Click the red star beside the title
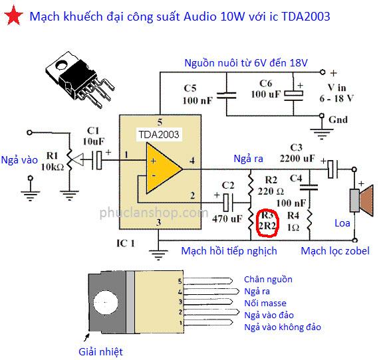pyautogui.click(x=13, y=16)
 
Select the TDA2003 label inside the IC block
pyautogui.click(x=159, y=134)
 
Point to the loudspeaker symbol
pyautogui.click(x=362, y=201)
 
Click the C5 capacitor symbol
pyautogui.click(x=226, y=96)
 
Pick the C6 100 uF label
pyautogui.click(x=266, y=89)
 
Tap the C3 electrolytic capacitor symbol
pyautogui.click(x=333, y=169)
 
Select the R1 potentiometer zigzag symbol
pyautogui.click(x=69, y=159)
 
